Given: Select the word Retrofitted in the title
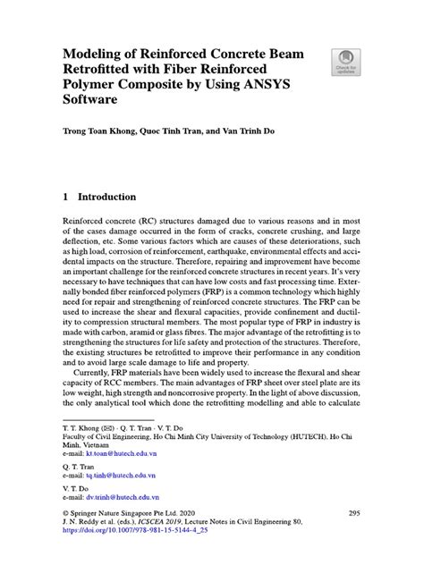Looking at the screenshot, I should (x=98, y=70).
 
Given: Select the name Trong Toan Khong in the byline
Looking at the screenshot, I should (x=97, y=131).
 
